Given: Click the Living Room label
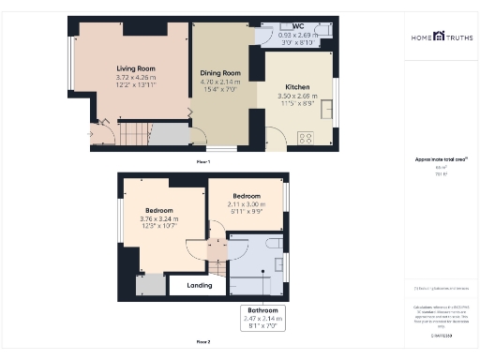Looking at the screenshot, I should [x=136, y=69].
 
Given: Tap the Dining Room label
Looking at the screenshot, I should [x=220, y=72].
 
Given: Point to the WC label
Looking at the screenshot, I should [x=297, y=25].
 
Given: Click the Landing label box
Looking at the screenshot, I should [x=199, y=285].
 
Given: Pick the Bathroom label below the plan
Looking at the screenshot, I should [x=262, y=310].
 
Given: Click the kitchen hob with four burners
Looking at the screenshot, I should [x=306, y=137].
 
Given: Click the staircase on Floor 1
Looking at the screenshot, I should [x=135, y=134].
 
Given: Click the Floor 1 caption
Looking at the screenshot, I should [x=202, y=162].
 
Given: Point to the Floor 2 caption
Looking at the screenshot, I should [x=202, y=341].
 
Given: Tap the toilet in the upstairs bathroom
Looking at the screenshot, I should [x=274, y=245].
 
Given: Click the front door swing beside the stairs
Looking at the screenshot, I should [x=102, y=132].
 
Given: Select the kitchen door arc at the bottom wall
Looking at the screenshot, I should [x=275, y=141].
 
